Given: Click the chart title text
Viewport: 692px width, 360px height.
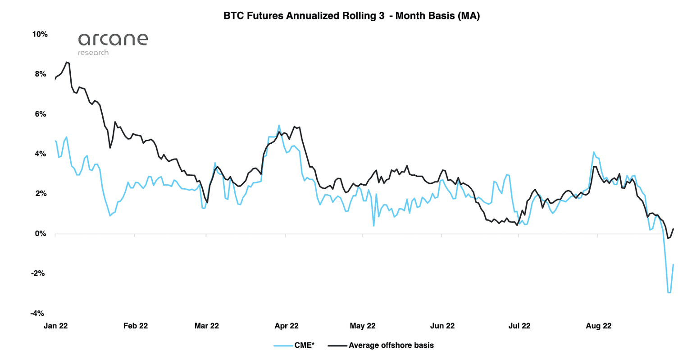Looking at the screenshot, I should click(351, 16).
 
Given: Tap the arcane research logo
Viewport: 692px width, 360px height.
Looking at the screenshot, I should click(113, 44).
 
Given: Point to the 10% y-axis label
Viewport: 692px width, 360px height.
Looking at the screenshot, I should click(40, 34).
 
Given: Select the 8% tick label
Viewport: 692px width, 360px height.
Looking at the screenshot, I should click(41, 74).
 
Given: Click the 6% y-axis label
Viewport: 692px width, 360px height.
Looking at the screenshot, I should click(41, 114).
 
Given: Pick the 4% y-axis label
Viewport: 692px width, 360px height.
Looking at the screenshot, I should click(41, 154).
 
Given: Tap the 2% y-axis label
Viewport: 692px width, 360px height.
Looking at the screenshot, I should click(41, 194).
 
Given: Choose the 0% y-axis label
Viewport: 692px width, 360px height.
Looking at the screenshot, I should click(41, 233).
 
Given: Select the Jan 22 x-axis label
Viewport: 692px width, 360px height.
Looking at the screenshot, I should click(55, 326).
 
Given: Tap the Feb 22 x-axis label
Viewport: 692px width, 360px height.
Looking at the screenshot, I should click(136, 326).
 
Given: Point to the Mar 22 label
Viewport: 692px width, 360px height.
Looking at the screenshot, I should click(206, 326).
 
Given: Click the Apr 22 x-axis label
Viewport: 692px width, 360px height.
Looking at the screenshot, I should click(287, 326).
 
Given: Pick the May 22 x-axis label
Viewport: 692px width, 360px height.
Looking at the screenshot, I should click(363, 326).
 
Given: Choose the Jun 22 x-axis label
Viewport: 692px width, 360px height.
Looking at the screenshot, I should click(442, 326).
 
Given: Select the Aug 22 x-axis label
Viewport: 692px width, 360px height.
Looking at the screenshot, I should click(599, 326).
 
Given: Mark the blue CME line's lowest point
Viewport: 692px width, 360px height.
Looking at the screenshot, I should click(669, 293).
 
